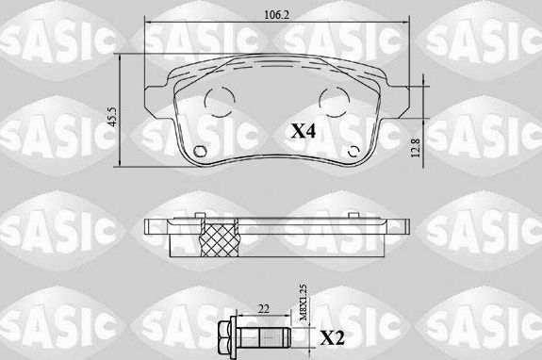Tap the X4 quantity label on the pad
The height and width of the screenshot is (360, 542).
point(304,132)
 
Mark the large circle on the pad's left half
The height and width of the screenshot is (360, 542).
point(219,100)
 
